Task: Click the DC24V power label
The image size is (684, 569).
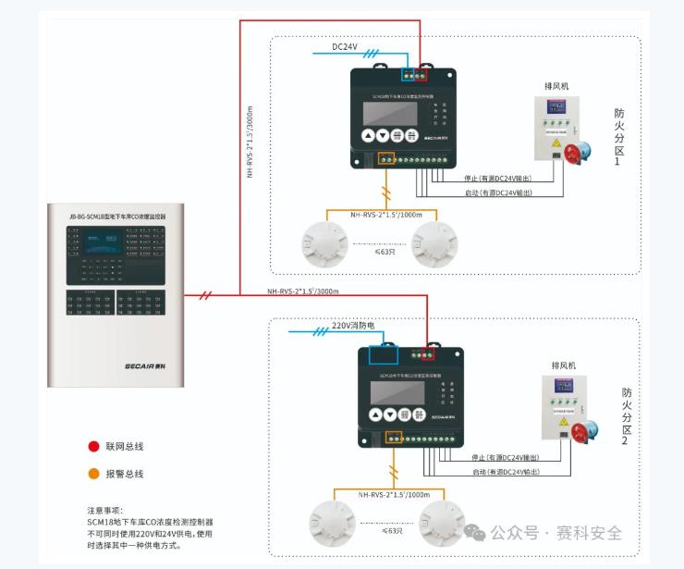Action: click(x=345, y=46)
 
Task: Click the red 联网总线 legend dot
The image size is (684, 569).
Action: click(x=93, y=446)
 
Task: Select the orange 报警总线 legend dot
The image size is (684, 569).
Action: click(x=93, y=474)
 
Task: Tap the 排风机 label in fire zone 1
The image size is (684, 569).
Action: click(x=556, y=86)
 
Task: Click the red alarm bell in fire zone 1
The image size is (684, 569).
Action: click(x=577, y=152)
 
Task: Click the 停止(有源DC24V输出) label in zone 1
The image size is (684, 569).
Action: click(x=497, y=179)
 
